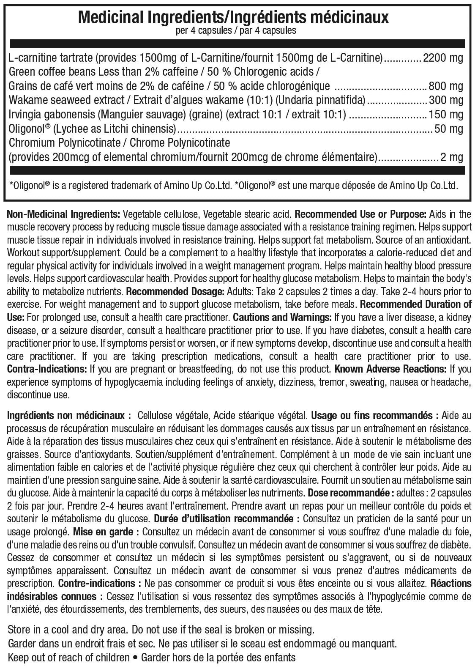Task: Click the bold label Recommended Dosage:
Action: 175,292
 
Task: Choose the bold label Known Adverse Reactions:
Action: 390,369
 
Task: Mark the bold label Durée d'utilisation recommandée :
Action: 227,518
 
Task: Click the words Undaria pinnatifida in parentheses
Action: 326,100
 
